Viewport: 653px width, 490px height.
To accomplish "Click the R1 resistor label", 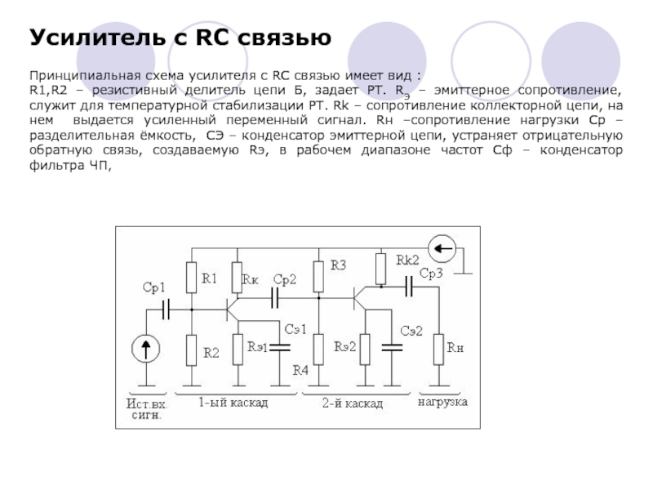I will point(210,278).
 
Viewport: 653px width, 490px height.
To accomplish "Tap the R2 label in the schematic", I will point(211,354).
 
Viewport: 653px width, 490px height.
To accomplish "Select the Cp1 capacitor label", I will point(153,287).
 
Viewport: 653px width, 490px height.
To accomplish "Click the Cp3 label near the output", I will point(429,274).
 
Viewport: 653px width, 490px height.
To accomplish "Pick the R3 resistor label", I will point(338,265).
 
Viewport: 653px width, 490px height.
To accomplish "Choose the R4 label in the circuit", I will point(300,370).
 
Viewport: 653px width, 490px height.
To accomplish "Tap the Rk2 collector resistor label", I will point(407,260).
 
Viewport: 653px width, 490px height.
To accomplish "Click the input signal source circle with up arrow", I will point(147,350).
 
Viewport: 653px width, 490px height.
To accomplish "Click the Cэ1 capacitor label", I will point(295,329).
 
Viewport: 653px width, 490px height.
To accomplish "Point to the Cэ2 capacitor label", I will point(411,330).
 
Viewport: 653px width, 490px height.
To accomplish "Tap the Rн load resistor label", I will point(455,347).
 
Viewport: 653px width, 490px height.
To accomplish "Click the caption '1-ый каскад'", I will point(233,403).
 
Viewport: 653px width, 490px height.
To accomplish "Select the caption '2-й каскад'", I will point(352,403).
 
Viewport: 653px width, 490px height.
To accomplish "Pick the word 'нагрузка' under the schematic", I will point(442,403).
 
